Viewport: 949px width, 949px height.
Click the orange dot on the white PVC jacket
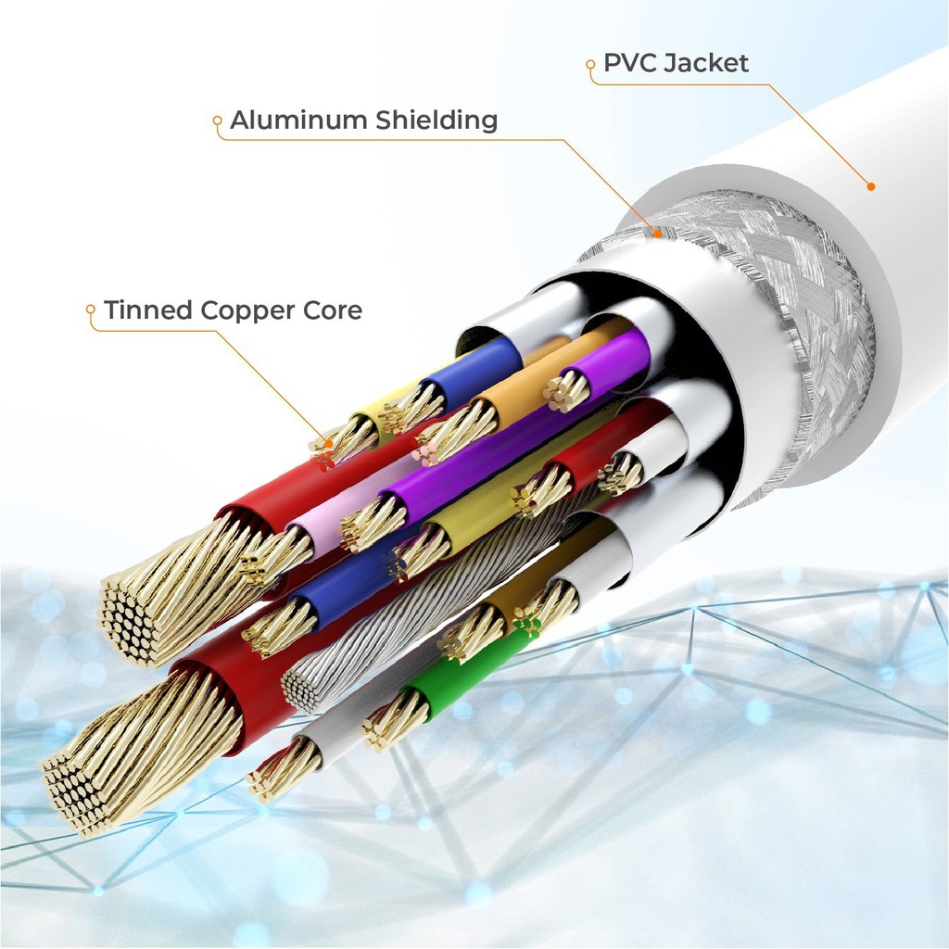[871, 186]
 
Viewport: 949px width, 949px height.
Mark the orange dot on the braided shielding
[658, 234]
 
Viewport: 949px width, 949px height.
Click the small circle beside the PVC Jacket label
[590, 65]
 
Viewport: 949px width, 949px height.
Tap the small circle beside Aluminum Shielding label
[217, 120]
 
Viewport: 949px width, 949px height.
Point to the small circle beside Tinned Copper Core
[91, 310]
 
